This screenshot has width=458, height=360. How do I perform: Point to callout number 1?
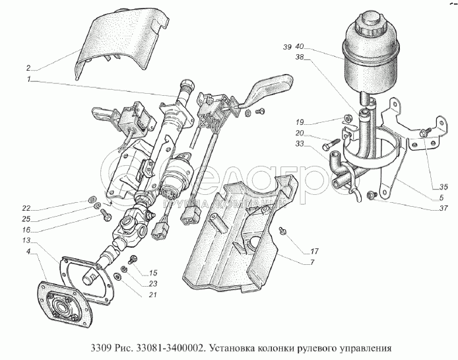pyautogui.click(x=29, y=80)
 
